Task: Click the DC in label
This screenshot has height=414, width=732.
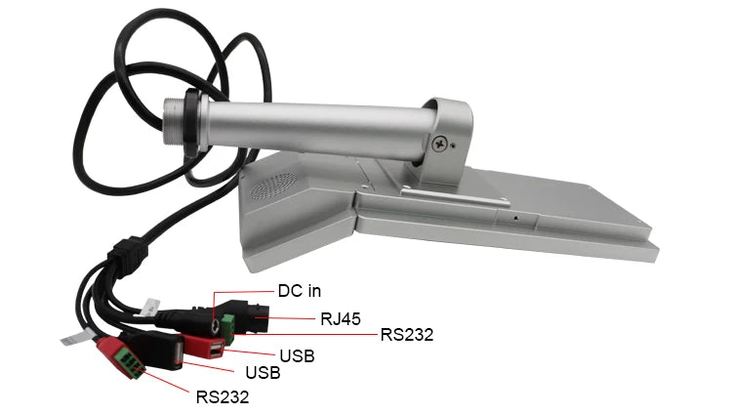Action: pos(300,291)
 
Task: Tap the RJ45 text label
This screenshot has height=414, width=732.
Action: pos(341,319)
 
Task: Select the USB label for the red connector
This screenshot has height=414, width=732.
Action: pos(297,356)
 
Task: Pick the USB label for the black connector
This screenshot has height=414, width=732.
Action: pos(263,373)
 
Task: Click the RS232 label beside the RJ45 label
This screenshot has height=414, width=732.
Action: pos(407,335)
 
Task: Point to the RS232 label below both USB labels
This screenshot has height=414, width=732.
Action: pos(223,396)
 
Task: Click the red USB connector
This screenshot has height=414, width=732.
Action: pos(205,347)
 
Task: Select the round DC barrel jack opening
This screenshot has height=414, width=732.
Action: pos(216,327)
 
